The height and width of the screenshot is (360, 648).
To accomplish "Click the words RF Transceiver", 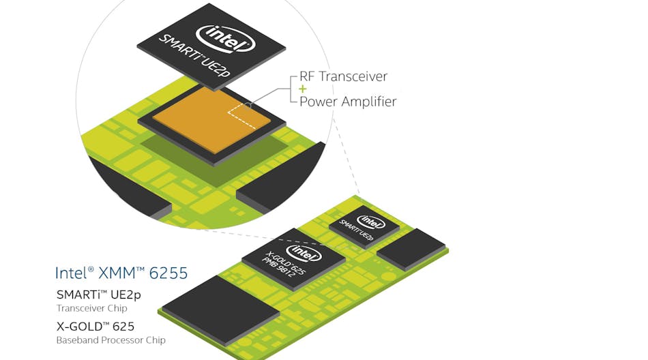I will pos(343,77).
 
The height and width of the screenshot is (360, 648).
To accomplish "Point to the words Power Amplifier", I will pos(348,102).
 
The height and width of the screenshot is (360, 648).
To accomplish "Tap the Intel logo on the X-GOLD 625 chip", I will pos(307,254).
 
